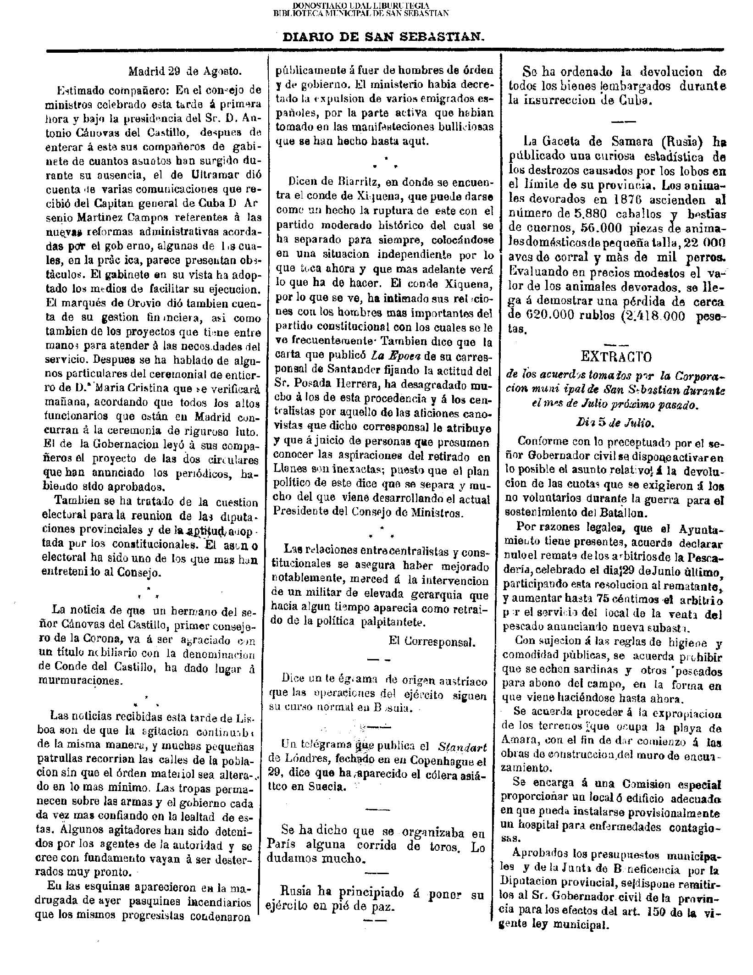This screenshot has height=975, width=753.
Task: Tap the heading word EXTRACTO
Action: point(616,357)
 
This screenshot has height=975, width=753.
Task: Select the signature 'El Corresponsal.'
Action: point(430,642)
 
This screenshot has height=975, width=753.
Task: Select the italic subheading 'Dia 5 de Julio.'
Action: point(614,423)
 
